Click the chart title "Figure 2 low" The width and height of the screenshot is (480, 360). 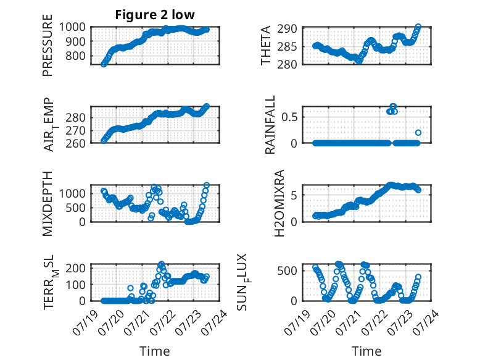click(x=155, y=15)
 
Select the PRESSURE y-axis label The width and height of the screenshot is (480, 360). click(x=48, y=45)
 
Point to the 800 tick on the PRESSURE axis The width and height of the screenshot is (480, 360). click(x=76, y=56)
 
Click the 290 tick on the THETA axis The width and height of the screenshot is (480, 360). click(x=287, y=29)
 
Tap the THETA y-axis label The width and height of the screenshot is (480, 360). click(x=266, y=45)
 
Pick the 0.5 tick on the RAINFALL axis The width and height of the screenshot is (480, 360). click(x=289, y=117)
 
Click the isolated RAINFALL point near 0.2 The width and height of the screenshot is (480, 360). click(x=418, y=133)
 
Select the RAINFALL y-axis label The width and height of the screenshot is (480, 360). click(x=270, y=125)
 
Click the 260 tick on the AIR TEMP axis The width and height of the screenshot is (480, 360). click(x=76, y=143)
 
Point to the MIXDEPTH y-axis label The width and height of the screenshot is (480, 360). click(x=48, y=203)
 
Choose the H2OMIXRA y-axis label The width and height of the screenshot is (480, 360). click(x=279, y=203)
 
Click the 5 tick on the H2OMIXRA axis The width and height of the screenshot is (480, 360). click(x=294, y=195)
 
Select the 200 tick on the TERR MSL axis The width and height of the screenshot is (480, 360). click(x=76, y=269)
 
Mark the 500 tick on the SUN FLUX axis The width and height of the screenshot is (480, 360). click(x=288, y=271)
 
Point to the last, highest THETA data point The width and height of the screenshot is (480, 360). click(x=418, y=27)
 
